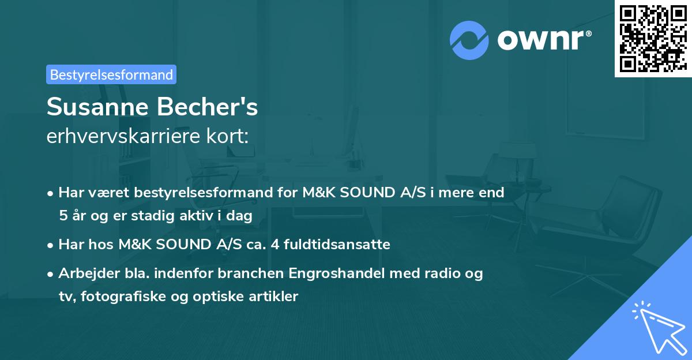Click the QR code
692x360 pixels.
click(653, 38)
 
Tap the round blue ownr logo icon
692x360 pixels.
click(469, 40)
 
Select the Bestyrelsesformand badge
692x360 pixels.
click(111, 74)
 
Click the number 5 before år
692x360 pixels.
click(62, 216)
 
